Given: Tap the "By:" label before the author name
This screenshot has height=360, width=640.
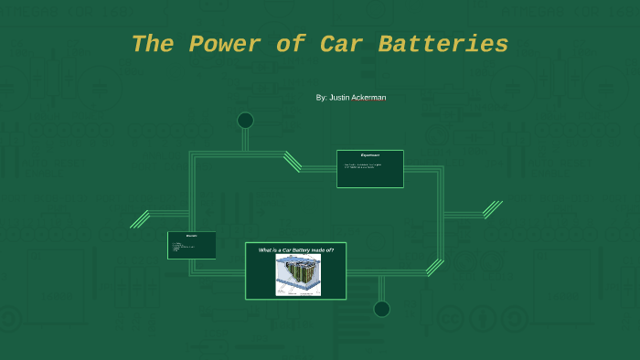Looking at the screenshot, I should [x=321, y=97].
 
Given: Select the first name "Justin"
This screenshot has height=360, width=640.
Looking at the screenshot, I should [x=340, y=97].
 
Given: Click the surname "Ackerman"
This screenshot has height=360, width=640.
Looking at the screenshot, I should [x=369, y=97].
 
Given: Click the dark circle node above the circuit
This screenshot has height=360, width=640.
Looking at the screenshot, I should [x=245, y=121].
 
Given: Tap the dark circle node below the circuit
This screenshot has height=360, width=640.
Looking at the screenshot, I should [x=381, y=309].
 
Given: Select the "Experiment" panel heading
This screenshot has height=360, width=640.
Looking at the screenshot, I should [x=369, y=155].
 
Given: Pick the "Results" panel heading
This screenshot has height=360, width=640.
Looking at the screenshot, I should [x=191, y=236].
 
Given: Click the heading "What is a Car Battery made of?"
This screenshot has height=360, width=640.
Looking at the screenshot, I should [x=295, y=249].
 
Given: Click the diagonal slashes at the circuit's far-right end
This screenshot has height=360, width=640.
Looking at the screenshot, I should [x=493, y=209].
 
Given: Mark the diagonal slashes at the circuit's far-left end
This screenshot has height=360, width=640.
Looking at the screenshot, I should [x=140, y=219].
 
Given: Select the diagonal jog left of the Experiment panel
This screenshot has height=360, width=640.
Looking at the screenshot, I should [x=293, y=162].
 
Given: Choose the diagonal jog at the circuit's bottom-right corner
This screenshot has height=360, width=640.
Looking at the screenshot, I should [x=434, y=267].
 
